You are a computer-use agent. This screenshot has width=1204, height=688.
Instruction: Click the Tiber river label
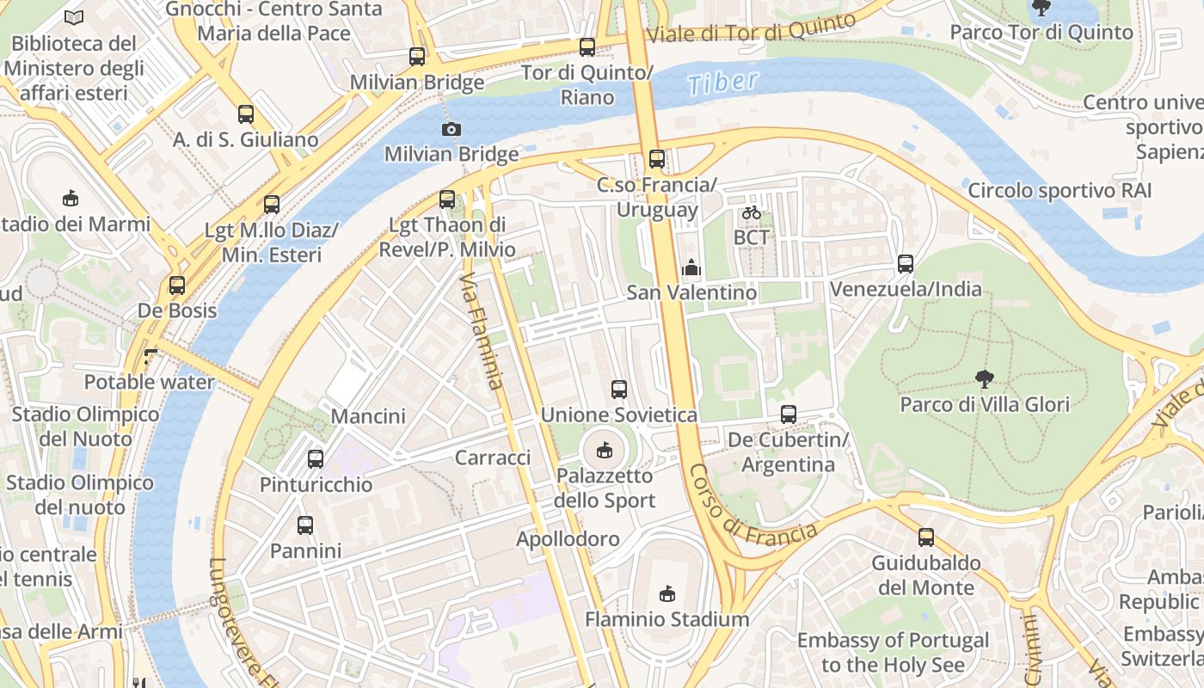(723, 83)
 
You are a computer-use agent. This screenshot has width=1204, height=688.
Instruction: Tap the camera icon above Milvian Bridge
(451, 129)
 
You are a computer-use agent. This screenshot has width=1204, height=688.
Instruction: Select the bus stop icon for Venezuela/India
(905, 264)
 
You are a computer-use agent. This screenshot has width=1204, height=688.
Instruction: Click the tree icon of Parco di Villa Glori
(984, 378)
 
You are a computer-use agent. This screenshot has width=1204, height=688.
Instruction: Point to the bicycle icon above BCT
(751, 212)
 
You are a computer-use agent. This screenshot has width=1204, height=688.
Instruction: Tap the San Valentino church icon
(691, 267)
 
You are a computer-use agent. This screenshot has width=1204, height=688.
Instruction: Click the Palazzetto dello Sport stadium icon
(605, 450)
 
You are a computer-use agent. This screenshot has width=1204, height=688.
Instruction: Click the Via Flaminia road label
(482, 331)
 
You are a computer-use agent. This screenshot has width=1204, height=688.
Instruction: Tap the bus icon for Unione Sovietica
(618, 390)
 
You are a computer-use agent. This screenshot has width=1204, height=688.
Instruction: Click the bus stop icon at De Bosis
(177, 286)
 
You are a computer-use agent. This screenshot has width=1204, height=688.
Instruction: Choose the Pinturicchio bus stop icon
(316, 459)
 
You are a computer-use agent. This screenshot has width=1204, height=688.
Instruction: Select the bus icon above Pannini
(305, 525)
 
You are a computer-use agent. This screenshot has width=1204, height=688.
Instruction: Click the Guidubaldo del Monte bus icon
(925, 537)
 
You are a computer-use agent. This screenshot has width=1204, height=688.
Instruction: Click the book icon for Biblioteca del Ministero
(75, 17)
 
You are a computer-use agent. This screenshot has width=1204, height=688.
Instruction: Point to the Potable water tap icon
(151, 356)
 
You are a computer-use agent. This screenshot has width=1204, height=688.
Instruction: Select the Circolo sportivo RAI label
(1060, 190)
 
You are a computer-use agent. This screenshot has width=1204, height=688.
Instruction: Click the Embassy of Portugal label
(893, 653)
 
